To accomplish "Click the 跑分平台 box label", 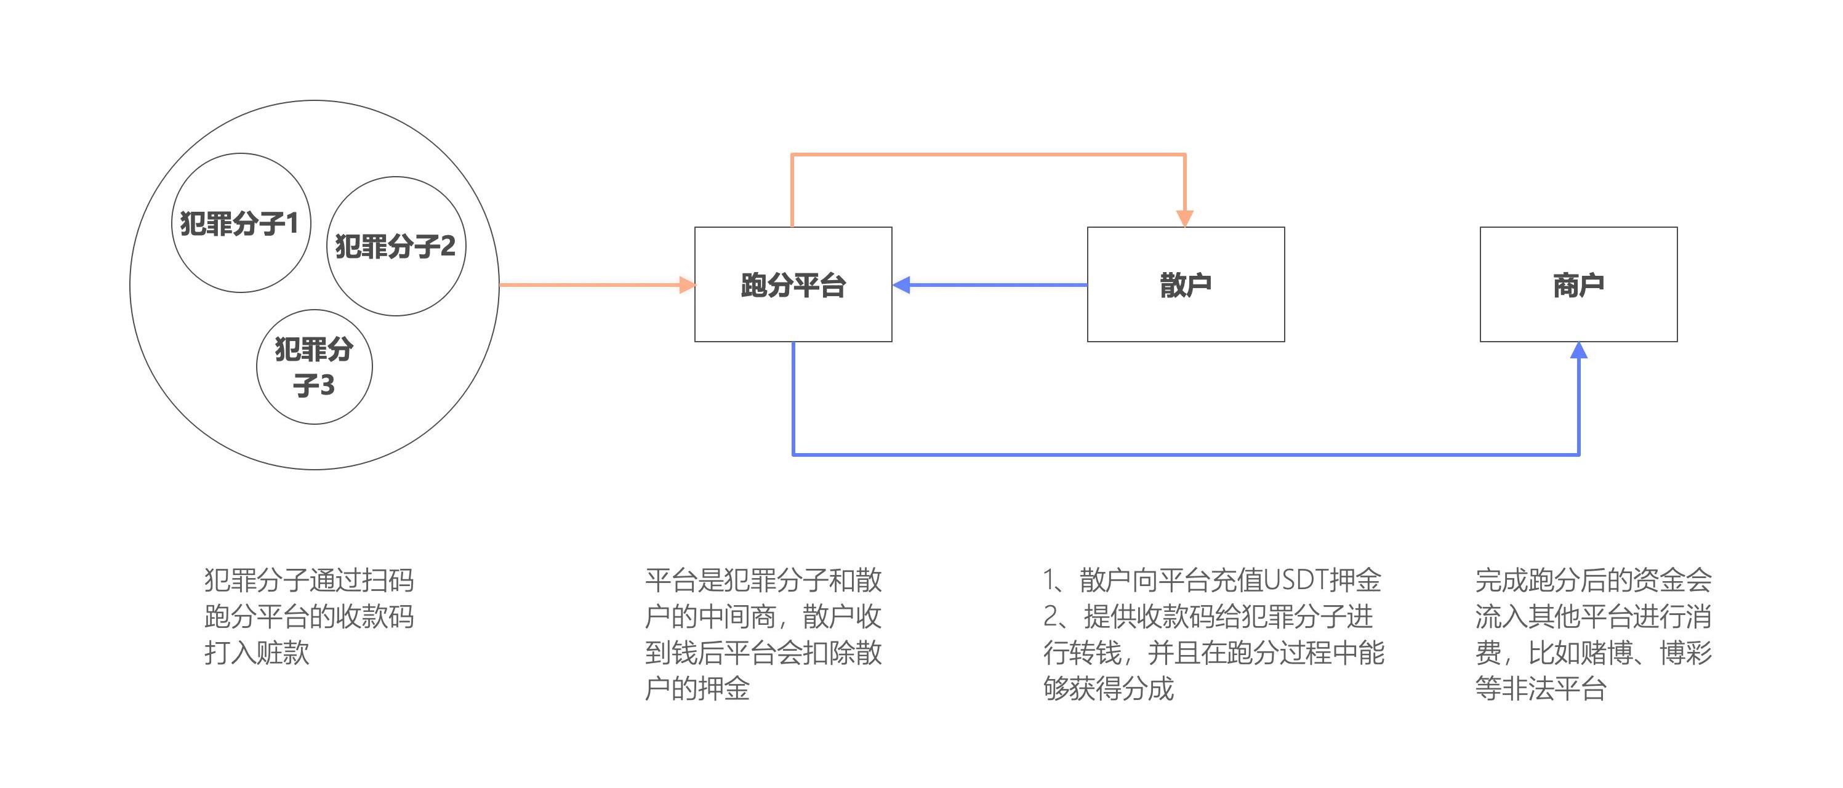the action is click(x=793, y=285).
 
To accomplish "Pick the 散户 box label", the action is click(x=1186, y=285).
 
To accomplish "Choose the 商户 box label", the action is click(x=1578, y=285).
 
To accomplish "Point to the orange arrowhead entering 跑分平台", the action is click(x=687, y=285).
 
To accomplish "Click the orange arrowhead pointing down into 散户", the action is click(x=1185, y=219).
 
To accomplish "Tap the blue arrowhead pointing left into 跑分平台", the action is click(x=901, y=285).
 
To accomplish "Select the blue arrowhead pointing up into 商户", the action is click(x=1579, y=351).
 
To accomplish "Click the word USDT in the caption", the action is click(x=1296, y=580).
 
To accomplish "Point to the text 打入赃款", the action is click(x=257, y=653).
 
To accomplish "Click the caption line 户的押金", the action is click(x=697, y=688).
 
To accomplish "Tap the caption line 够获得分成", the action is click(x=1108, y=688).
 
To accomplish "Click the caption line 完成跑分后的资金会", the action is click(x=1593, y=580).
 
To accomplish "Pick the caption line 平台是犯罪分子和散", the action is click(x=763, y=580).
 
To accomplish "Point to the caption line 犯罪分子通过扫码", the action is click(x=309, y=580).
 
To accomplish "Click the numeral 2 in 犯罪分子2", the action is click(x=447, y=246).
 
